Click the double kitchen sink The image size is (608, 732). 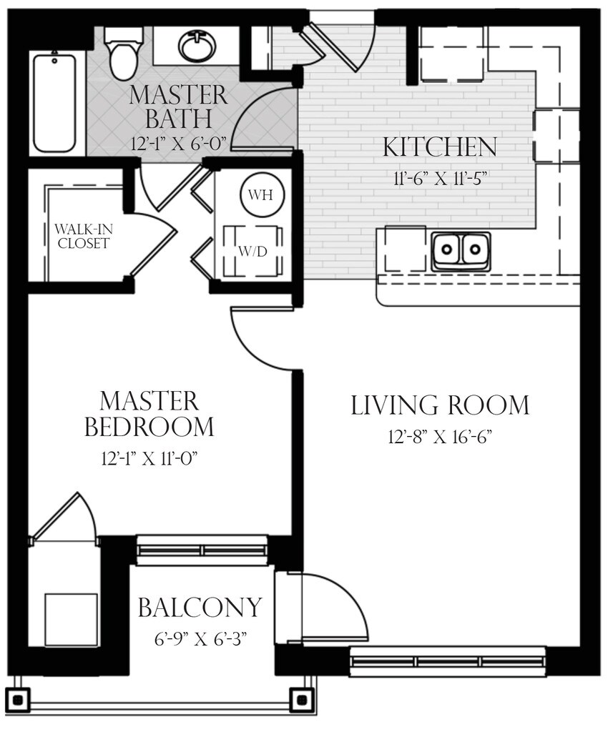[461, 250]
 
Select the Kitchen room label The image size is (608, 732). [439, 148]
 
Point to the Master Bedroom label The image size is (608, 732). [149, 413]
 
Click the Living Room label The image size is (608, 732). [440, 405]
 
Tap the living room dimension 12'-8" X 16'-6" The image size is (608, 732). [440, 436]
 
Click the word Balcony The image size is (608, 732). [200, 608]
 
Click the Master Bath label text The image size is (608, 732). [179, 105]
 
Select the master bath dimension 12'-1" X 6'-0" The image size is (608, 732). [179, 142]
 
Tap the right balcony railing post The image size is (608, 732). [302, 698]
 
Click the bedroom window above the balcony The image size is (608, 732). [202, 550]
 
